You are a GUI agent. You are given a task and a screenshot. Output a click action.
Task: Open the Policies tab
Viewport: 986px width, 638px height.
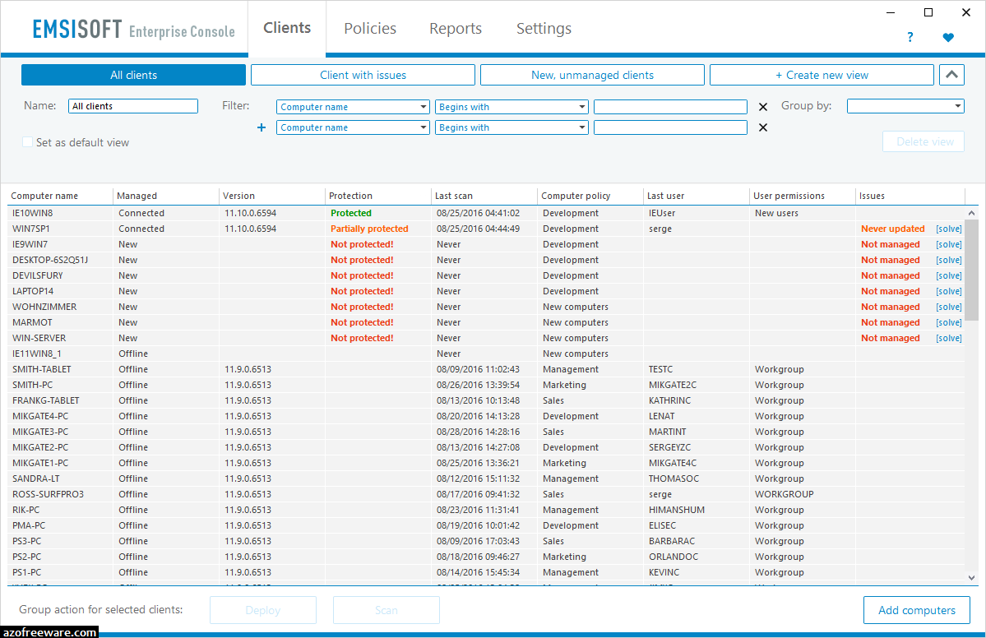pos(370,29)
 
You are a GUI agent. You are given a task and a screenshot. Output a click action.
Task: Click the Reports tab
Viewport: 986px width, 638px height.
pos(456,29)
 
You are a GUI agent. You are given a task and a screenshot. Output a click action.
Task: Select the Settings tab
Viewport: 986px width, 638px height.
pos(544,29)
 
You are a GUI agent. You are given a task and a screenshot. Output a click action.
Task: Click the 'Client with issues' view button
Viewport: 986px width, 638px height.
pos(363,75)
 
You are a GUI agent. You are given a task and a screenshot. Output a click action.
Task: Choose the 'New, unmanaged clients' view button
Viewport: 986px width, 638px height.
pos(592,75)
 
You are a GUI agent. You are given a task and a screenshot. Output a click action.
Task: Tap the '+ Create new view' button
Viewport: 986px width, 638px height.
pos(822,75)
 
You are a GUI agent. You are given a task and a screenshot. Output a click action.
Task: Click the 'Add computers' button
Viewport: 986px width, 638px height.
pos(917,610)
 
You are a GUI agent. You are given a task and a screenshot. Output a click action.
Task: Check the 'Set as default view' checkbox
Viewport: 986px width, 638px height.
pos(28,142)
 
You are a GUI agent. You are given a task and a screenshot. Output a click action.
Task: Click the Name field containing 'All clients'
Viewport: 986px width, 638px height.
pos(133,106)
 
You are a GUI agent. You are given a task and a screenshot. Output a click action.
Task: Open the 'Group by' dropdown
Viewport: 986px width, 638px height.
pos(905,106)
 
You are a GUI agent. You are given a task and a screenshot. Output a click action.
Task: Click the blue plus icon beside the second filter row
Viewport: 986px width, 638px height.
pos(262,127)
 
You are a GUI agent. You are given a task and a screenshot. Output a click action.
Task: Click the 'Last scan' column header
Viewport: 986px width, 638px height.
pos(454,196)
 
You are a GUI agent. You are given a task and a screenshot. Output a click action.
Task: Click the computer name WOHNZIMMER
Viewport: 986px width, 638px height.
pos(44,307)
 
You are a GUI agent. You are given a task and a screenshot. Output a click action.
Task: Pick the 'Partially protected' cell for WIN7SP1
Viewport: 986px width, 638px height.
pos(369,229)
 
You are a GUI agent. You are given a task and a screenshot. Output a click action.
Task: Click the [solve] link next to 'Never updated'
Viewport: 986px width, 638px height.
pos(948,229)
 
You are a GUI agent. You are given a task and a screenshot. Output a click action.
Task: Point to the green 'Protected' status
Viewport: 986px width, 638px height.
pos(351,213)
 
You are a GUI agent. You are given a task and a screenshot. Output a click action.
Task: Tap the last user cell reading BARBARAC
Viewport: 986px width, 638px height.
pos(672,541)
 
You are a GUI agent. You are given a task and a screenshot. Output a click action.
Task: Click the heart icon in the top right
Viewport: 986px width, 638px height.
pos(948,37)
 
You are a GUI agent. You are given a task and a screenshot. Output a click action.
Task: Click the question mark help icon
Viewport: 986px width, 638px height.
pos(910,37)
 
